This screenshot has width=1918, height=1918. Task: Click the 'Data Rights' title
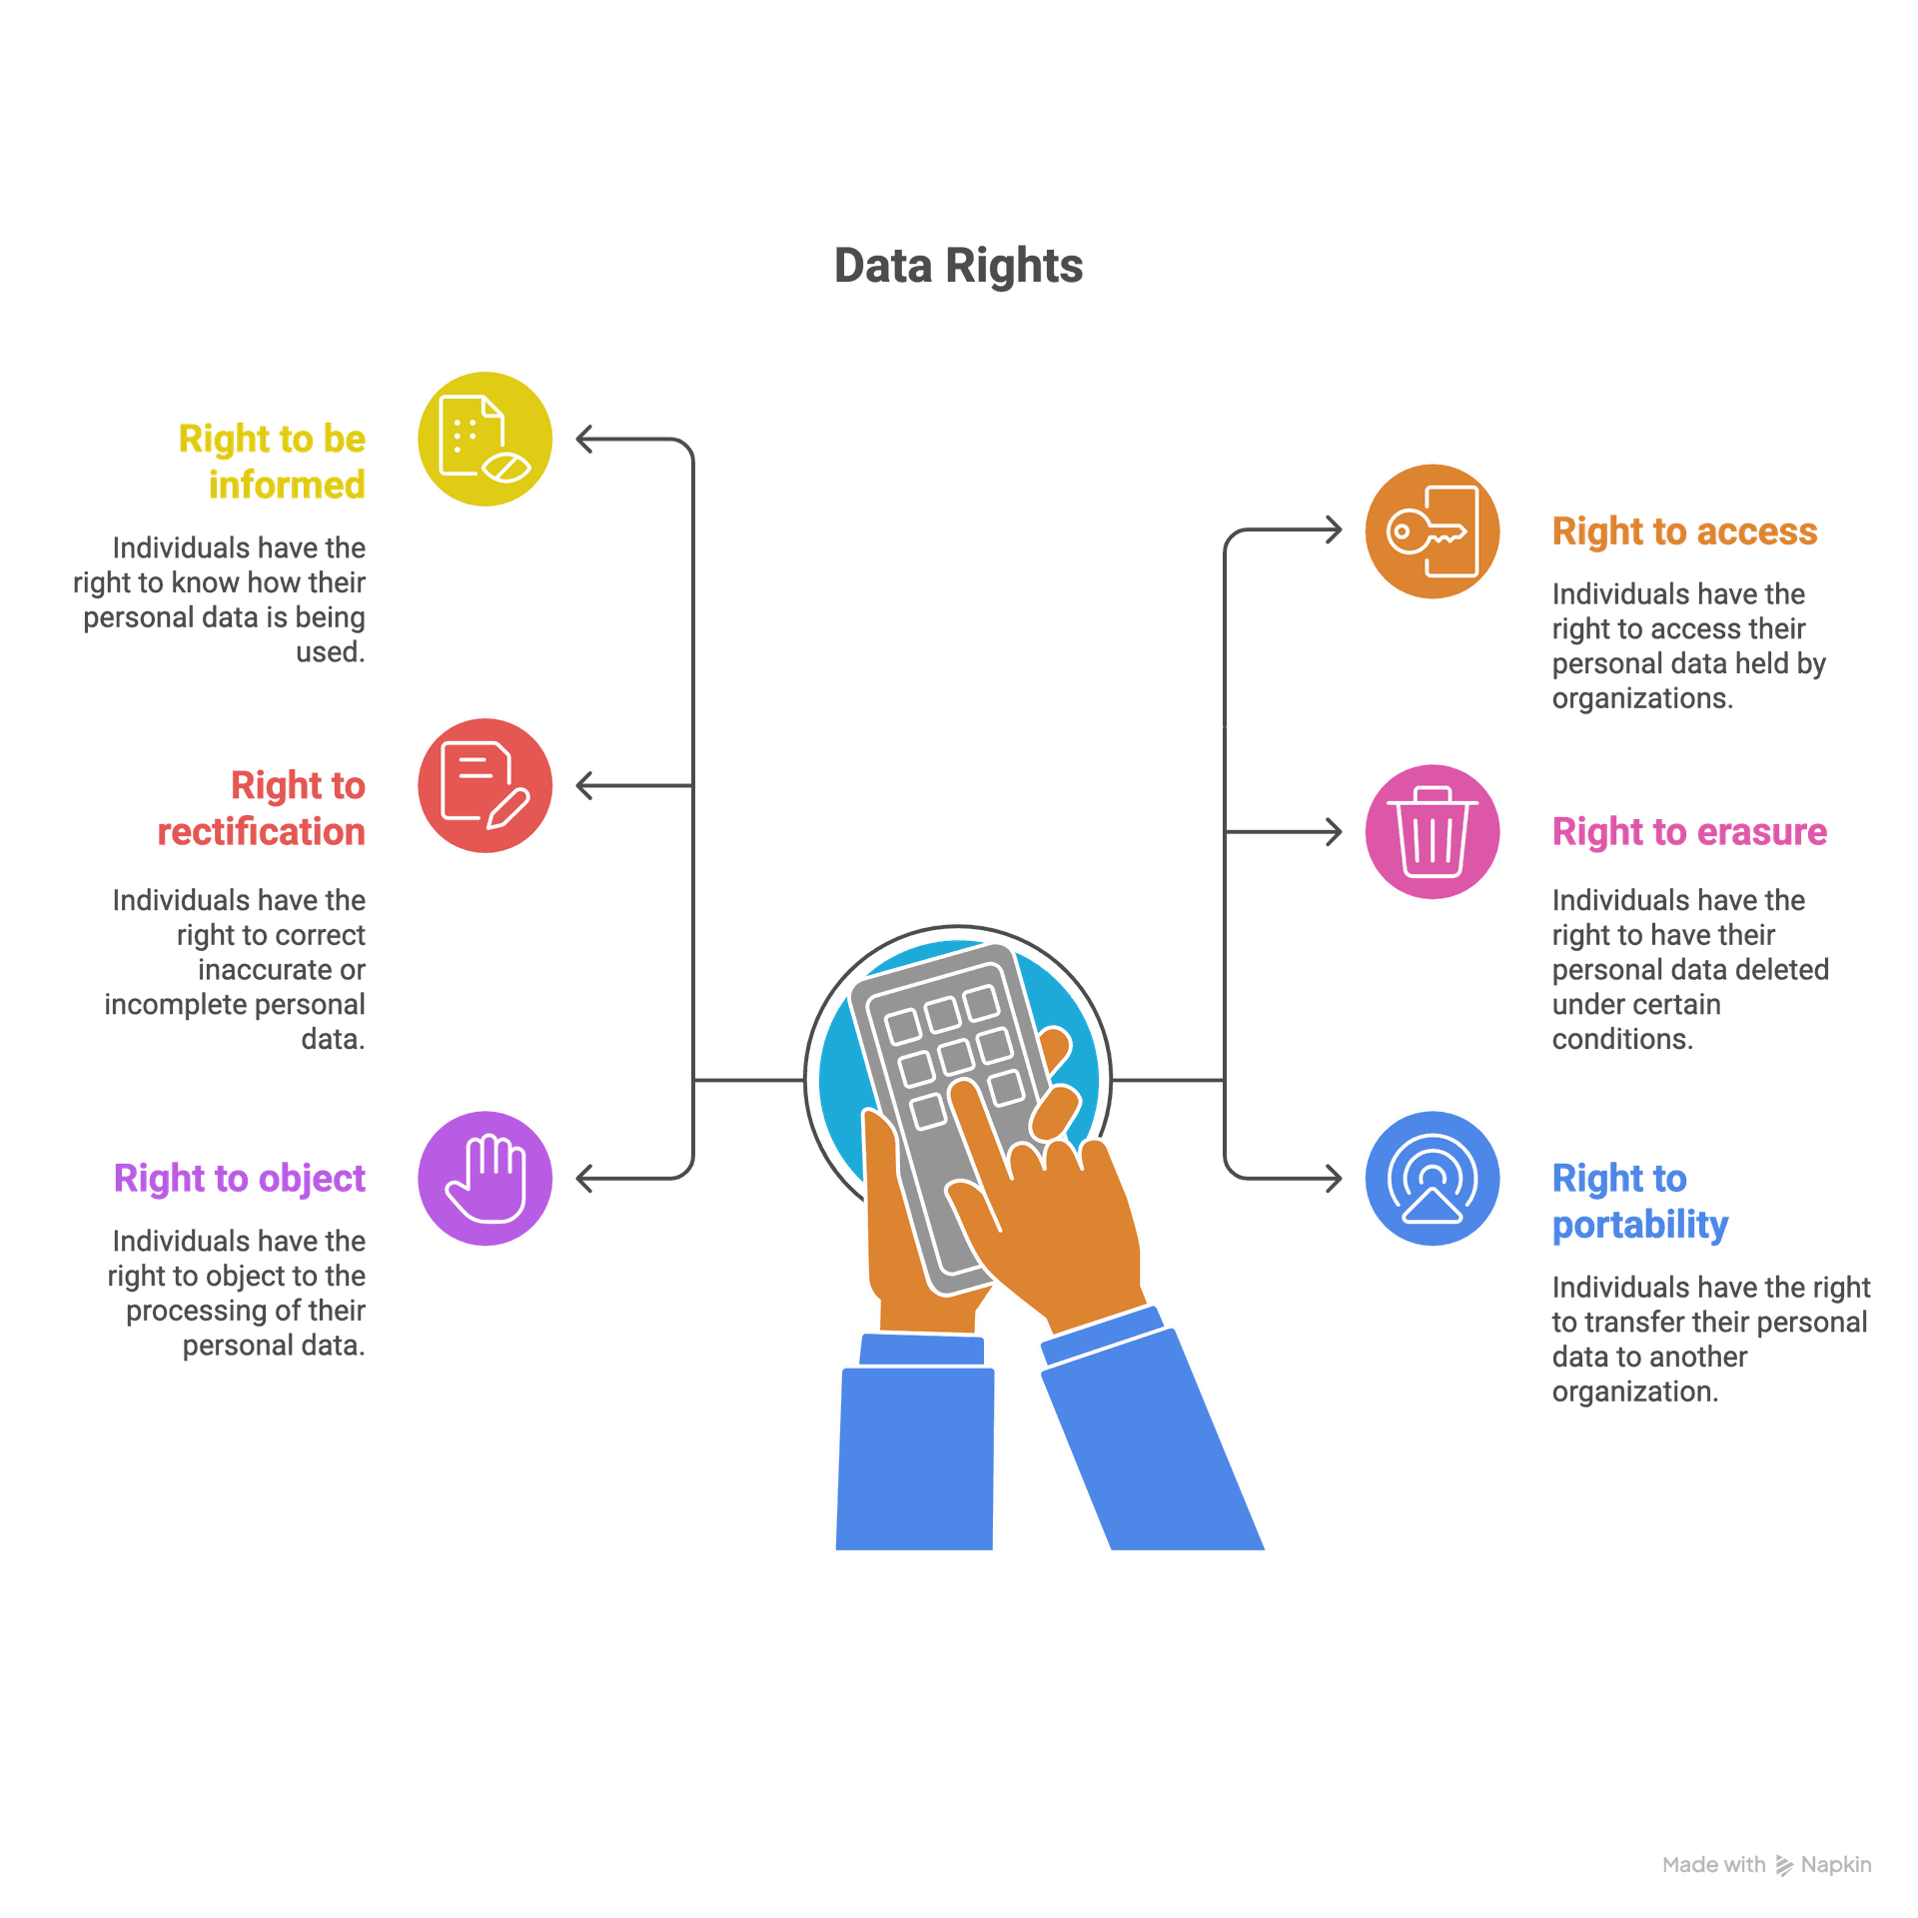(x=958, y=266)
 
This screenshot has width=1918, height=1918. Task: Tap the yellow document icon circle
(x=484, y=439)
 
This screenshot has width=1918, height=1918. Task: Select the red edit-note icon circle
(x=484, y=785)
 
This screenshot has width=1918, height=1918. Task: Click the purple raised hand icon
(x=484, y=1178)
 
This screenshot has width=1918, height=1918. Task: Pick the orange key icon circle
(x=1432, y=531)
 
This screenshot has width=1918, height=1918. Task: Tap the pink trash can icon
(x=1432, y=832)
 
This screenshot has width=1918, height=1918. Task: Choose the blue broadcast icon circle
(x=1432, y=1178)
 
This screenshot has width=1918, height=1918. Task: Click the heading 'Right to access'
(x=1684, y=531)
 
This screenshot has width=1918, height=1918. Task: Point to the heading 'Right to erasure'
(x=1689, y=832)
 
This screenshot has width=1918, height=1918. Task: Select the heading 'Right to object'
(x=240, y=1179)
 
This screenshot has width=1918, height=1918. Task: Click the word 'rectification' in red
(x=262, y=831)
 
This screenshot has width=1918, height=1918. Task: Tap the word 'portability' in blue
(x=1640, y=1225)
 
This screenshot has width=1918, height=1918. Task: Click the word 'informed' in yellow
(x=287, y=485)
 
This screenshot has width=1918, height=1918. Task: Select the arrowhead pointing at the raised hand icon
(x=584, y=1179)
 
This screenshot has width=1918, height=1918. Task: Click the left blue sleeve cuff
(x=921, y=1349)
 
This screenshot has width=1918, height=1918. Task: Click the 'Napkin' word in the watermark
(x=1835, y=1865)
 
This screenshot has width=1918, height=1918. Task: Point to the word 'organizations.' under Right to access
(x=1641, y=698)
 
